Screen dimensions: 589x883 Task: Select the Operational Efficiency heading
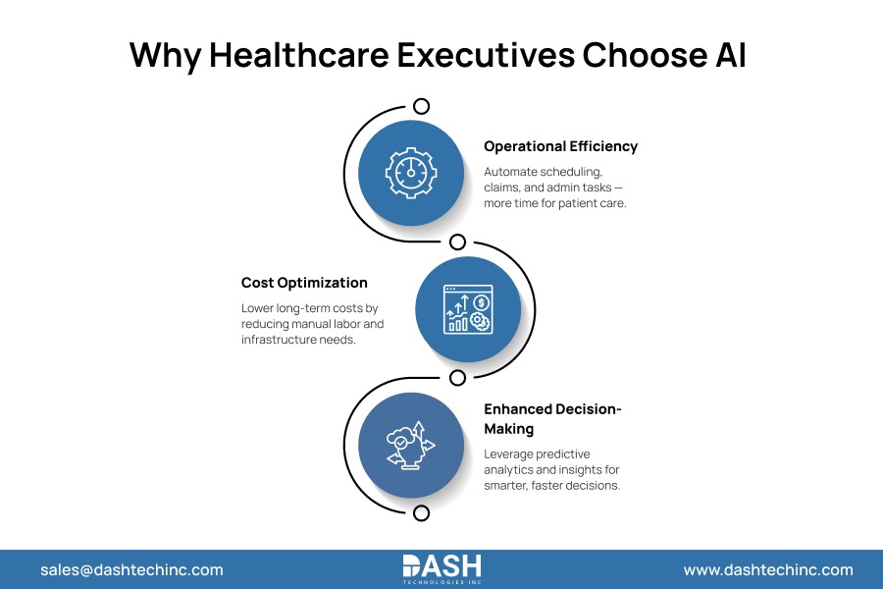pos(560,146)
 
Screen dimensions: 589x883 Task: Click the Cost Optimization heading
pos(304,283)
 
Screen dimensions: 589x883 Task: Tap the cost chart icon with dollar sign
pos(467,309)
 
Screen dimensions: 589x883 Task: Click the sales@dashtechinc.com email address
pos(131,569)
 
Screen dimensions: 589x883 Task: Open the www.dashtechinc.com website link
pos(768,569)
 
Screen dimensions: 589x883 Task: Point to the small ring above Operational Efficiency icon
pos(422,106)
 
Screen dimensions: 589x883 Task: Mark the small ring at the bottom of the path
pos(422,512)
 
